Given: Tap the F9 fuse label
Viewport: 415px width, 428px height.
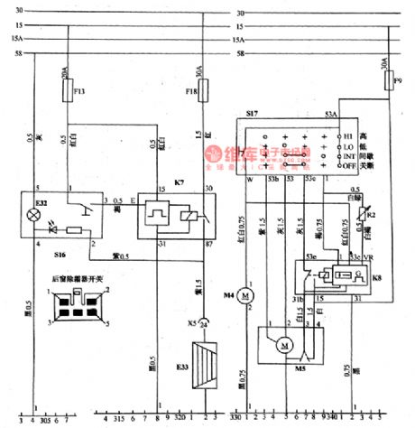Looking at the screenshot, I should [x=400, y=80].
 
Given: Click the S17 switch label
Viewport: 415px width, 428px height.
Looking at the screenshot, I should [x=254, y=114].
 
